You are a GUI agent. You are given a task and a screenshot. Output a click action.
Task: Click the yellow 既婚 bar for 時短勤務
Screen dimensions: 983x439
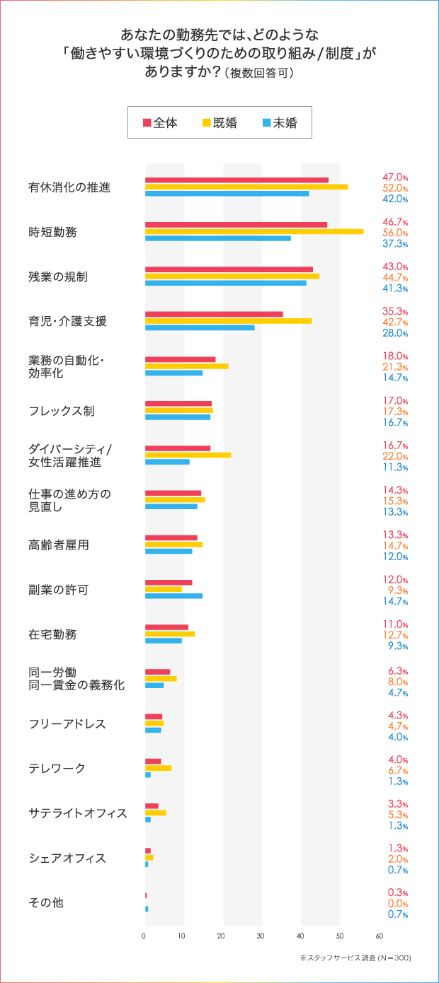(x=254, y=231)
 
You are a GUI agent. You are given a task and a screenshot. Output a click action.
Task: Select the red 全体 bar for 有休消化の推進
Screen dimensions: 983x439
(x=236, y=180)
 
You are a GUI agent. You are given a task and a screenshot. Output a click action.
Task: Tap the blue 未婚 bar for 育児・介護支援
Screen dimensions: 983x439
(x=200, y=327)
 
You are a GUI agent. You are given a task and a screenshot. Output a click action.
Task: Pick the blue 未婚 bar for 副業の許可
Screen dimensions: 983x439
(x=173, y=595)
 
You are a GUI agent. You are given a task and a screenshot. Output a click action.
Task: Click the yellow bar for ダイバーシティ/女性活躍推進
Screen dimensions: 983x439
(x=188, y=455)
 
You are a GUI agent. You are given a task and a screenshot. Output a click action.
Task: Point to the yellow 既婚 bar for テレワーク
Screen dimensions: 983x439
(x=158, y=768)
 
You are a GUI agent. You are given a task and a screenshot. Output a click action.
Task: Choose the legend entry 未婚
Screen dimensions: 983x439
(x=280, y=123)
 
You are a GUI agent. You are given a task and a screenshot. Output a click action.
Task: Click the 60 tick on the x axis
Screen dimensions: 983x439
(x=379, y=936)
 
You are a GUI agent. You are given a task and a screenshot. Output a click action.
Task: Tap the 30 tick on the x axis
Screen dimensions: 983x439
(x=261, y=936)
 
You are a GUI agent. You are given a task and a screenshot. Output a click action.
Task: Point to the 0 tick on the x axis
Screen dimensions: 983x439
(x=144, y=936)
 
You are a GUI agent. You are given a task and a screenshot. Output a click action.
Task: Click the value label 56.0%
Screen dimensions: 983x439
(x=395, y=233)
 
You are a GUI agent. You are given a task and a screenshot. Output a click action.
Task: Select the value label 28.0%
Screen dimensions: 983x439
(x=395, y=333)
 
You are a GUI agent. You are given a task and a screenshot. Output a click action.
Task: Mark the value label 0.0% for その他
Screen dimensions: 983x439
(x=395, y=903)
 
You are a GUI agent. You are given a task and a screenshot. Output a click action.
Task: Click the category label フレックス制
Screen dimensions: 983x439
(x=62, y=411)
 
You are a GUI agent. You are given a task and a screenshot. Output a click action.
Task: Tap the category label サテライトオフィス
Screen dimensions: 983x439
(x=78, y=813)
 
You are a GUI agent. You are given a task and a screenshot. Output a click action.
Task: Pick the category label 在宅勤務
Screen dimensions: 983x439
(x=52, y=634)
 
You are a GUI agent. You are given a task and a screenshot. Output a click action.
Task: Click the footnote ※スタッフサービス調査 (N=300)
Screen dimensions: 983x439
(x=355, y=958)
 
